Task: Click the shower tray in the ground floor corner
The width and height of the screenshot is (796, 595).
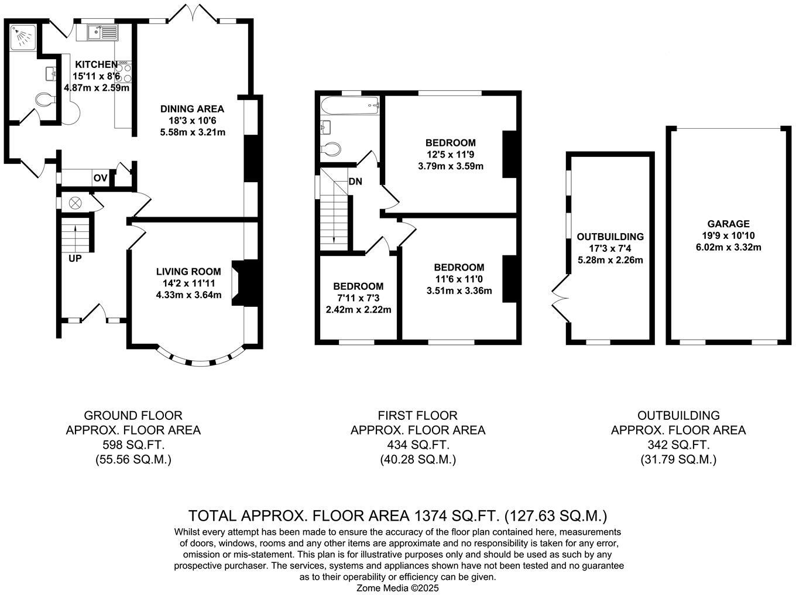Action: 23,37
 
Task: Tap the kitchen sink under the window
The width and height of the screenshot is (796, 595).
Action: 102,32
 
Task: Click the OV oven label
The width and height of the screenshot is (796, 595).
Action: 100,178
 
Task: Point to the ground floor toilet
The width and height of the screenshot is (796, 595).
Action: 44,101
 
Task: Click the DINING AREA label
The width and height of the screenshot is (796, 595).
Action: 192,109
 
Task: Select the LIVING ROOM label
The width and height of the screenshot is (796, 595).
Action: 188,271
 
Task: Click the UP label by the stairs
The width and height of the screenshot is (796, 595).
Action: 75,258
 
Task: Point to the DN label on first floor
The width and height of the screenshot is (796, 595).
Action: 355,182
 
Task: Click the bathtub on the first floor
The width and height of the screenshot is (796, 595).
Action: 349,107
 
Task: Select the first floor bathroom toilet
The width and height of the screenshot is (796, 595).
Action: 331,149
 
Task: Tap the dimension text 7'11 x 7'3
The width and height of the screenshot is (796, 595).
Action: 358,298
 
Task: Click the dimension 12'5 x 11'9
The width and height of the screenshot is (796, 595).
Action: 450,155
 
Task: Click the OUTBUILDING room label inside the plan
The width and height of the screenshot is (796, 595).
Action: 610,237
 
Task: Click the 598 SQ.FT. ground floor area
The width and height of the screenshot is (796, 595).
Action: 133,445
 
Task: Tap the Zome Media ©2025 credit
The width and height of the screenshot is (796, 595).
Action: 397,588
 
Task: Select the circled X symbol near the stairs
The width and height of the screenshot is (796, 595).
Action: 76,203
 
